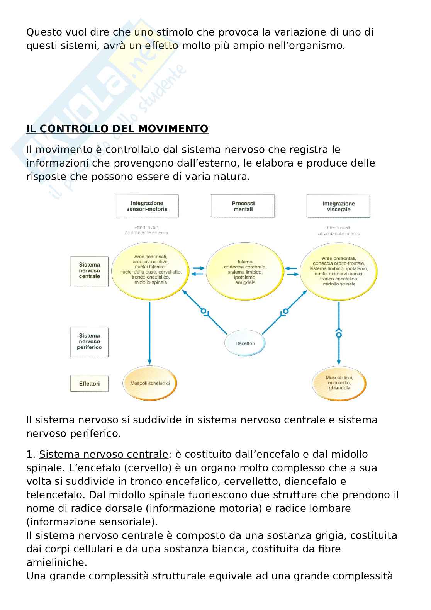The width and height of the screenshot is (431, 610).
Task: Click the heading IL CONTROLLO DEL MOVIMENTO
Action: (x=117, y=129)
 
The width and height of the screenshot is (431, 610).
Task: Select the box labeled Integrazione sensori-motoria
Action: (x=147, y=206)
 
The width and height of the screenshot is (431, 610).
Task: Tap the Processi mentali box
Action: (x=243, y=206)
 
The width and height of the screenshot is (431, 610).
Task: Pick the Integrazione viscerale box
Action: (x=338, y=206)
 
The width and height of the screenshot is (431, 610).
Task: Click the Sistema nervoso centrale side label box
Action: (x=89, y=270)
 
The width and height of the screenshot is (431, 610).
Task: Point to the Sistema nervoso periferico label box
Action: (x=89, y=342)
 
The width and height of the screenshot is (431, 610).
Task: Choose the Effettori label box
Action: (x=89, y=384)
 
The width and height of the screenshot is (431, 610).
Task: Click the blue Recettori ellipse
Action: (x=245, y=343)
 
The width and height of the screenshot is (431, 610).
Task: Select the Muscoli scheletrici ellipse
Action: (x=150, y=383)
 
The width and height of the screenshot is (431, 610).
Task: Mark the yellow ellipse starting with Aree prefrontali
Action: (x=339, y=271)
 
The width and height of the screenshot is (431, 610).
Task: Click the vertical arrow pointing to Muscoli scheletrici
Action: (x=149, y=332)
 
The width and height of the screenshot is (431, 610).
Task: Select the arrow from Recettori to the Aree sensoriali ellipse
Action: (x=205, y=311)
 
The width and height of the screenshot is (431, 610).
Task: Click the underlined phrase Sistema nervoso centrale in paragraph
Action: (x=104, y=454)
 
